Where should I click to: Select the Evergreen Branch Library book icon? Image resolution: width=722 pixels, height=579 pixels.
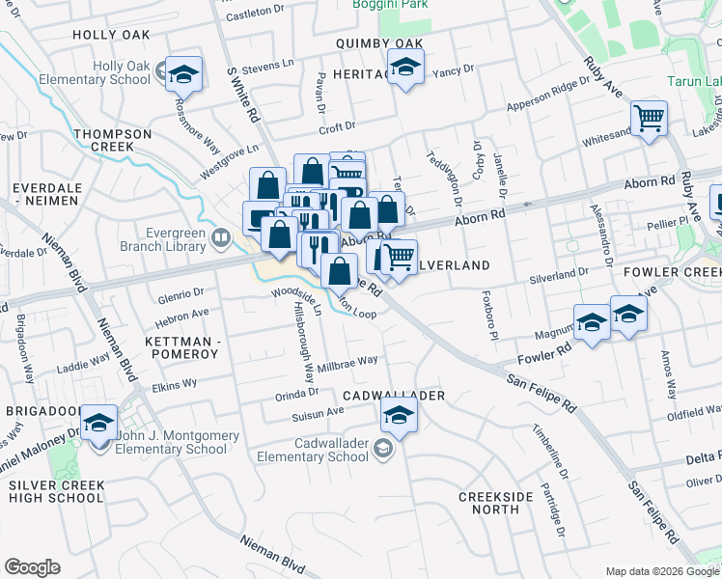tap(221, 238)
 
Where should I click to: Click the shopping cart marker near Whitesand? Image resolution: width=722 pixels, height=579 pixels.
tap(650, 119)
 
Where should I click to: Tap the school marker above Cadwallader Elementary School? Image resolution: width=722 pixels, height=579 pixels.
tap(397, 416)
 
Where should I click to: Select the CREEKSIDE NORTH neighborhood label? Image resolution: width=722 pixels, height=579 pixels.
tap(496, 503)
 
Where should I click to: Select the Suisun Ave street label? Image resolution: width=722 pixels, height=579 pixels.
tap(319, 412)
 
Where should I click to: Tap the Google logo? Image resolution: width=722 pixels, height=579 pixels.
tap(32, 567)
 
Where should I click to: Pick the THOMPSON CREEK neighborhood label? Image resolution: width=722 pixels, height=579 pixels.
tap(113, 140)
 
